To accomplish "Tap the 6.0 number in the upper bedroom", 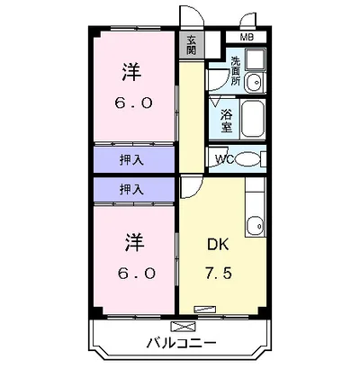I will pyautogui.click(x=132, y=103).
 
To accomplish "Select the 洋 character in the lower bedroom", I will pyautogui.click(x=132, y=242).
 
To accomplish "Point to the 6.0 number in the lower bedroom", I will pyautogui.click(x=132, y=272).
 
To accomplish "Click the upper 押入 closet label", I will pyautogui.click(x=131, y=159).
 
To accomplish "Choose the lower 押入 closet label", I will pyautogui.click(x=131, y=189).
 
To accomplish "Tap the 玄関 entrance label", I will pyautogui.click(x=192, y=45).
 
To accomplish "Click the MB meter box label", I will pyautogui.click(x=247, y=37).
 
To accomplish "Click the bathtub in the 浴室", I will pyautogui.click(x=254, y=117).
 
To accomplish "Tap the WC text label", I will pyautogui.click(x=224, y=160).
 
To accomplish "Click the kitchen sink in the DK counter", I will pyautogui.click(x=256, y=226).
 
